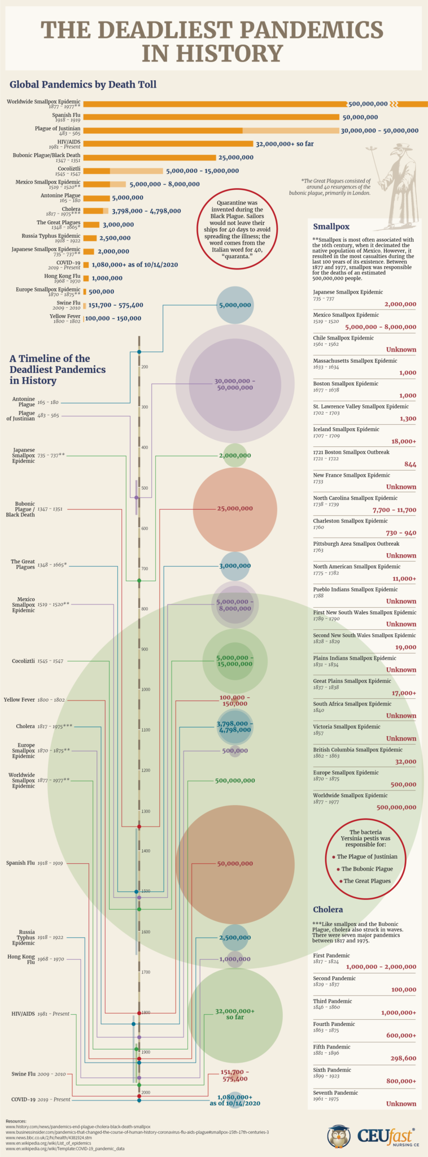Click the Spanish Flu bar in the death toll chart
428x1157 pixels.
pyautogui.click(x=211, y=117)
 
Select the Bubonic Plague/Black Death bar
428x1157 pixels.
pyautogui.click(x=150, y=158)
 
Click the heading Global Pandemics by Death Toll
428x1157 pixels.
pyautogui.click(x=83, y=84)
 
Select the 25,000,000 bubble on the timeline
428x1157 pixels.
pyautogui.click(x=235, y=508)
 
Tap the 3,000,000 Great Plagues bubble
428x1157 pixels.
pyautogui.click(x=235, y=566)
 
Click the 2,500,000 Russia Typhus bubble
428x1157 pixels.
pyautogui.click(x=235, y=938)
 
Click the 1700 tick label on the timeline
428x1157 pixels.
pyautogui.click(x=146, y=972)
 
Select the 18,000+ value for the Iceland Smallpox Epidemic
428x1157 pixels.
pyautogui.click(x=403, y=441)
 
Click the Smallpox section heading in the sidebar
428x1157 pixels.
pyautogui.click(x=331, y=227)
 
